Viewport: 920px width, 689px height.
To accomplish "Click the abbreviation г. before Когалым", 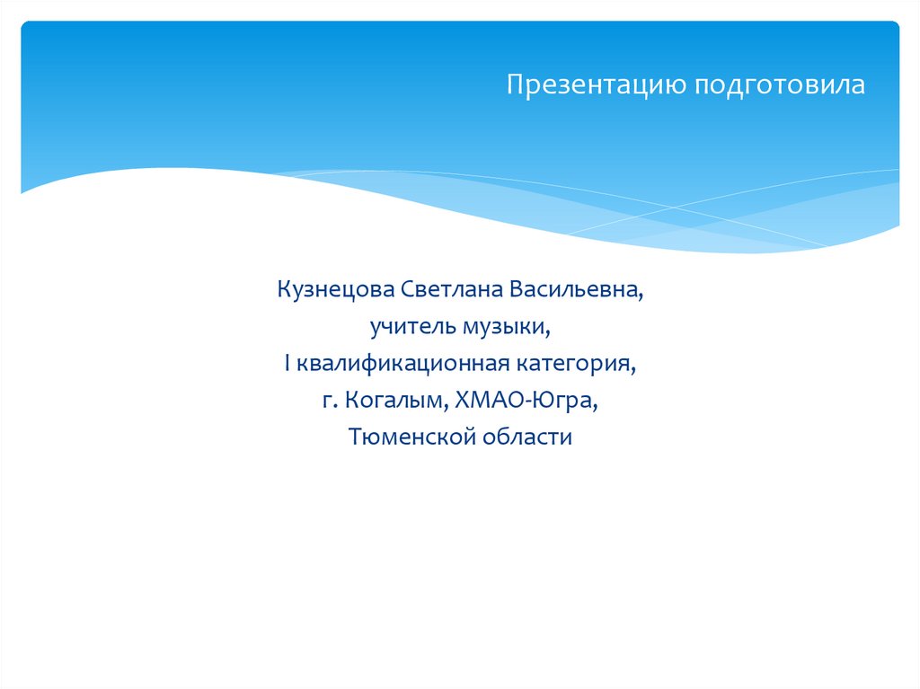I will tap(328, 401).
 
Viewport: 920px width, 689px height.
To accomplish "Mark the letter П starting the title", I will tap(514, 85).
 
